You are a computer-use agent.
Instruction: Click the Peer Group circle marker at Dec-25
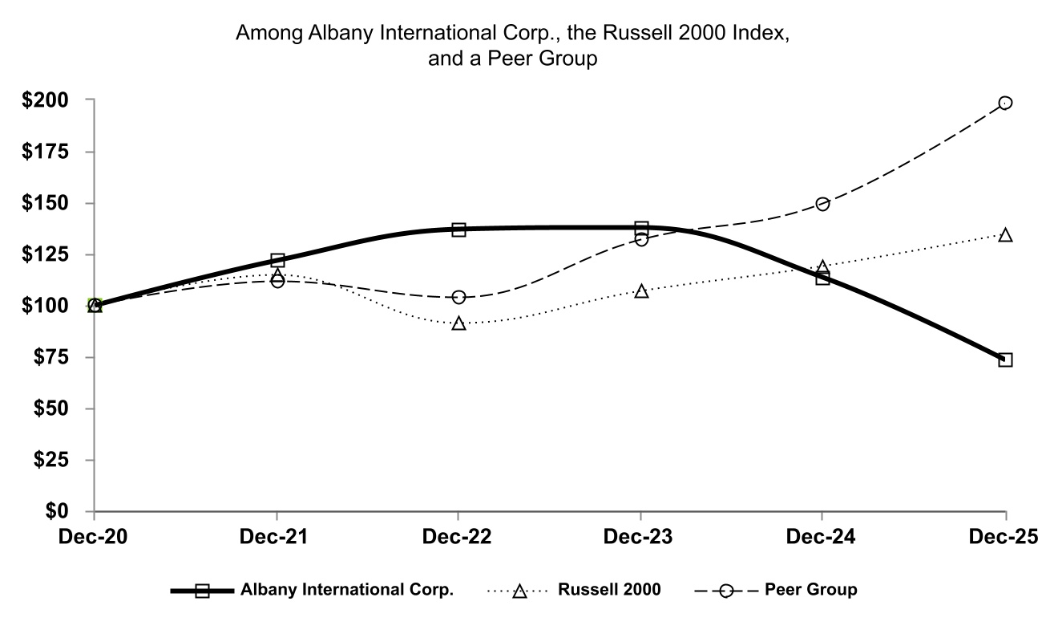coord(1005,103)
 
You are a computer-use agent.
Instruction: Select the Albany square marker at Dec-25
coord(1005,360)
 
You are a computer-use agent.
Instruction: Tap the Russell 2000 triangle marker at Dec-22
coord(458,323)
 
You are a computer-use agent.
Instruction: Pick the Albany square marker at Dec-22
coord(458,230)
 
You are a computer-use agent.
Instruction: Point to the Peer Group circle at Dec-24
coord(822,204)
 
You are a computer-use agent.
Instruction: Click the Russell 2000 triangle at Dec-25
coord(1005,235)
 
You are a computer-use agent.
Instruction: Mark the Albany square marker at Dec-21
coord(277,260)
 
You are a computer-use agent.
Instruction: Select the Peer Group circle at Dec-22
coord(458,298)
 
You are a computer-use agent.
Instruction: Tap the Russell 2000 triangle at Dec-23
coord(641,291)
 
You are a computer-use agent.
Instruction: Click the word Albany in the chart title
coord(329,35)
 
